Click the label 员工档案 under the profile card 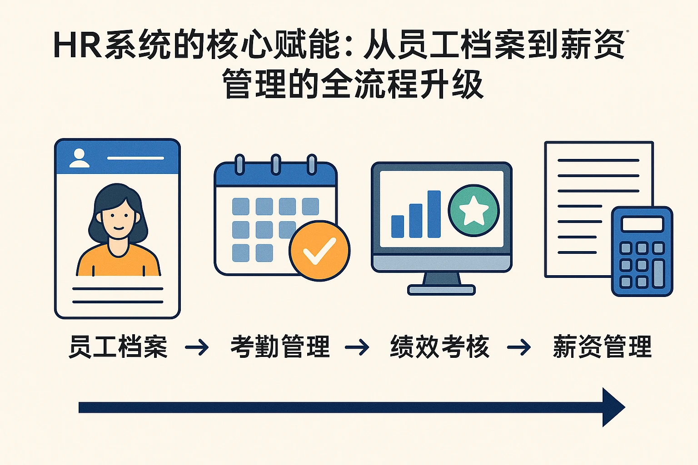point(118,346)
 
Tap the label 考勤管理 point(280,346)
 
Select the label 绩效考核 point(439,346)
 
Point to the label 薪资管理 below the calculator point(602,346)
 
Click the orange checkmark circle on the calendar point(319,251)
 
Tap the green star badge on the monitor point(474,211)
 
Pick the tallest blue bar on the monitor point(434,214)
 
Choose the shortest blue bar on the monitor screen point(398,227)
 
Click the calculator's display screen point(642,224)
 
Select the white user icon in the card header point(79,158)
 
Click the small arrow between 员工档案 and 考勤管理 point(197,346)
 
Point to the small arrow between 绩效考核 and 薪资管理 point(519,346)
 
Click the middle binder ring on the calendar point(276,164)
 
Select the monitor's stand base point(441,290)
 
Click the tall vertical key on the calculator point(658,274)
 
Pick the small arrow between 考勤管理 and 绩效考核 point(357,346)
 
